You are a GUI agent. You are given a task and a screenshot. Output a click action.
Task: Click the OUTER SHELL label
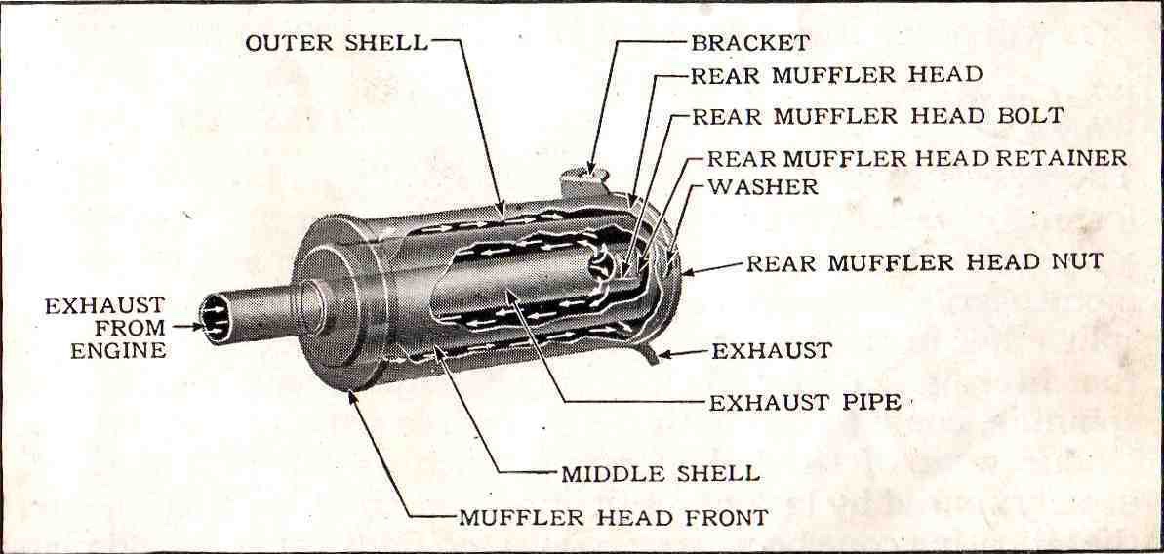coord(336,43)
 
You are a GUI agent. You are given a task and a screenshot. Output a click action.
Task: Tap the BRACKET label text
coord(749,43)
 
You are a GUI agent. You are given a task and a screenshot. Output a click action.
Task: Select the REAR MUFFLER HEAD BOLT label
coord(877,115)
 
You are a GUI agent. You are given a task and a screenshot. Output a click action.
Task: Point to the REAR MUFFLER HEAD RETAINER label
coord(916,157)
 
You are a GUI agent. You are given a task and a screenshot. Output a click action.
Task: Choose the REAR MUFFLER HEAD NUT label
coord(925,262)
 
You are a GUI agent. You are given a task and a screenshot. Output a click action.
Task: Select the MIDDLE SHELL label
coord(660,474)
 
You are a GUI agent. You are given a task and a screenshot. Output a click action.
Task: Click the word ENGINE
coord(118,351)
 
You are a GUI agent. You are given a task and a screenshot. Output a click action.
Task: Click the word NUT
coord(1079,262)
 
